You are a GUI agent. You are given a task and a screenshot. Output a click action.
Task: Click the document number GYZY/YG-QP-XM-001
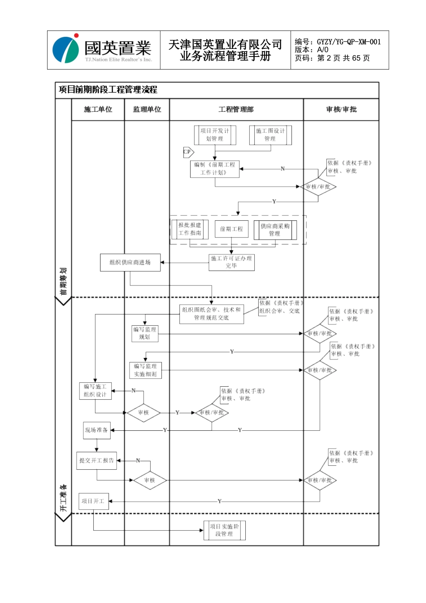pyautogui.click(x=348, y=42)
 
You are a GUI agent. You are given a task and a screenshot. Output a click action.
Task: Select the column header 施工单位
pyautogui.click(x=98, y=109)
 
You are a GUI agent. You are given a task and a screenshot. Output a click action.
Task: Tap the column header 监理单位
pyautogui.click(x=147, y=109)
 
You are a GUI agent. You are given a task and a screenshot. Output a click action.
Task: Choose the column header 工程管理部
pyautogui.click(x=236, y=109)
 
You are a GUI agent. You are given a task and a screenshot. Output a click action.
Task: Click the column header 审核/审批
pyautogui.click(x=341, y=109)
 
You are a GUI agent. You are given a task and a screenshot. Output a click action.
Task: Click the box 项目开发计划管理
pyautogui.click(x=215, y=135)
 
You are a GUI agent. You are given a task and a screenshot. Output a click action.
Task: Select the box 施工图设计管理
pyautogui.click(x=270, y=135)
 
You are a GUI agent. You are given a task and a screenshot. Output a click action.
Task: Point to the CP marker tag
pyautogui.click(x=187, y=152)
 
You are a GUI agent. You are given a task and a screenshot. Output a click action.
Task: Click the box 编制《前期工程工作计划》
pyautogui.click(x=215, y=169)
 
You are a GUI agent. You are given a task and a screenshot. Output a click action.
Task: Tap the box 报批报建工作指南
pyautogui.click(x=190, y=229)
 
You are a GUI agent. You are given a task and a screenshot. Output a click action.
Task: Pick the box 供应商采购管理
pyautogui.click(x=275, y=230)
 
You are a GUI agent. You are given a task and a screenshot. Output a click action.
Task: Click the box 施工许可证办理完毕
pyautogui.click(x=231, y=262)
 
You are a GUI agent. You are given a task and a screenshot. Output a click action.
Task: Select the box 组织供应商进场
pyautogui.click(x=130, y=262)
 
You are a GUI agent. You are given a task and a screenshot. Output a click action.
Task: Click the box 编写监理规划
pyautogui.click(x=145, y=333)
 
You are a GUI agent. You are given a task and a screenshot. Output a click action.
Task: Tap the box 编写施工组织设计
pyautogui.click(x=95, y=391)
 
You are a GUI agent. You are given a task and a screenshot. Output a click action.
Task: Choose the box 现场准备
pyautogui.click(x=96, y=430)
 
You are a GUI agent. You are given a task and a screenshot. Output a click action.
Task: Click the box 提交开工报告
pyautogui.click(x=96, y=461)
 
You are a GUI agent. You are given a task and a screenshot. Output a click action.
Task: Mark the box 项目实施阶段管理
pyautogui.click(x=224, y=530)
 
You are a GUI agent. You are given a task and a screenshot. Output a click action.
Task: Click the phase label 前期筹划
pyautogui.click(x=63, y=282)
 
